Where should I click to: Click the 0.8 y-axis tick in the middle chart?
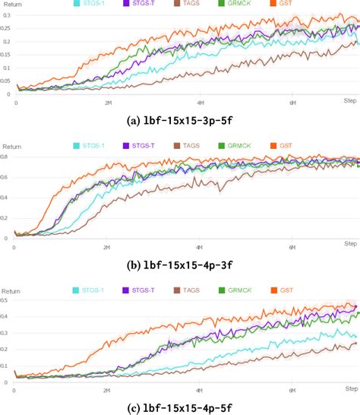pos(6,157)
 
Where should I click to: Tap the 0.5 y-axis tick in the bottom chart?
pos(6,301)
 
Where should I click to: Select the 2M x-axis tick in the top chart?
pos(108,102)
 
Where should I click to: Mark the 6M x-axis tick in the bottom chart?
pos(292,391)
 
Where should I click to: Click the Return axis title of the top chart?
pos(11,4)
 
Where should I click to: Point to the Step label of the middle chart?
pos(351,242)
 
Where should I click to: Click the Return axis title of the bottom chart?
pos(11,290)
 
